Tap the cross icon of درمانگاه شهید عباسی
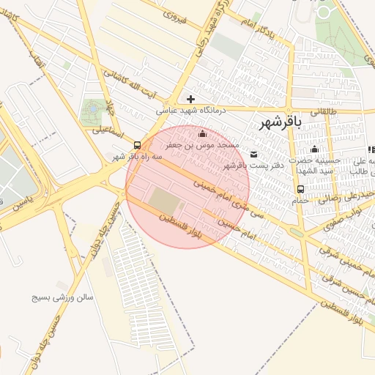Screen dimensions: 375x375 click(x=190, y=99)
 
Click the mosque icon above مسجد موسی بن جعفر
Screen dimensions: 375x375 click(x=203, y=133)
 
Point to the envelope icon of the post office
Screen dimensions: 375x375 click(x=253, y=154)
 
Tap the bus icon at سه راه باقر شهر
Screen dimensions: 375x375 click(x=138, y=144)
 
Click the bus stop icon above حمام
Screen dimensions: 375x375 click(x=301, y=189)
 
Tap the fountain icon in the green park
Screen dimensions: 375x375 click(x=94, y=111)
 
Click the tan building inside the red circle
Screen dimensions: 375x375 click(x=163, y=198)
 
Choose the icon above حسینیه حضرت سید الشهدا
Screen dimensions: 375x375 click(x=315, y=149)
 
